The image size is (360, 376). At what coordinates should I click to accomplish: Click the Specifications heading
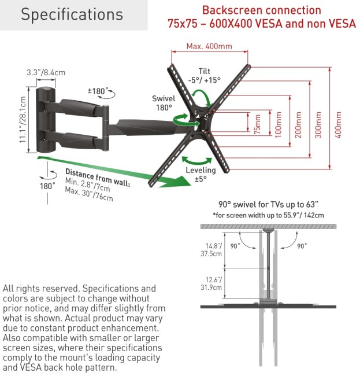click(x=72, y=14)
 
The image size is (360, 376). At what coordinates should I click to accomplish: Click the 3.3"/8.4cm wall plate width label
click(x=45, y=73)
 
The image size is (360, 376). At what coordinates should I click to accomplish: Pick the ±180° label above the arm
click(x=97, y=91)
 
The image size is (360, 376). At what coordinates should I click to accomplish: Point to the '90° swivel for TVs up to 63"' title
click(x=269, y=204)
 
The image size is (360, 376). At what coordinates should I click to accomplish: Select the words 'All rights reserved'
click(x=42, y=289)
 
